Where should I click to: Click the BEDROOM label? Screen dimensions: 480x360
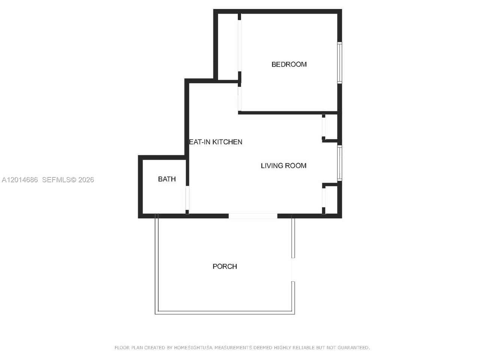coord(289,64)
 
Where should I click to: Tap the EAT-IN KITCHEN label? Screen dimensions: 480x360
coord(216,142)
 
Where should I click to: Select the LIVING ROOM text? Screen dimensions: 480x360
coord(283,165)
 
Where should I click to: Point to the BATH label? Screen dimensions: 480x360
coord(167,179)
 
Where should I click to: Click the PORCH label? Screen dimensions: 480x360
coord(225,266)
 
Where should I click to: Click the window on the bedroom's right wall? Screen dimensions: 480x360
coord(339,63)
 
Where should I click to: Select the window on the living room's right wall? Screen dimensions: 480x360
coord(339,163)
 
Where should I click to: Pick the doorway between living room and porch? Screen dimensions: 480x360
coord(253,216)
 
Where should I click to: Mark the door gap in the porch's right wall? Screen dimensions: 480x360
coord(293,270)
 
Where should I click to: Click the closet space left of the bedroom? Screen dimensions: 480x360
coord(228,47)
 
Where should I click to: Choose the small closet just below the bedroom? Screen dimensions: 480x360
coord(331,127)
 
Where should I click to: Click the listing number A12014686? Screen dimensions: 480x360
coord(19,180)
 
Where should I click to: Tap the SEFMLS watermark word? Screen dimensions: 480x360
coord(57,180)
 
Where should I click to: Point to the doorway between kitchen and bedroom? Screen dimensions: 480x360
coord(240,99)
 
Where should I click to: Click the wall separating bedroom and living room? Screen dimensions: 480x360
coord(288,112)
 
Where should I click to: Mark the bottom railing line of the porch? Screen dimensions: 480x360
coord(225,313)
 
